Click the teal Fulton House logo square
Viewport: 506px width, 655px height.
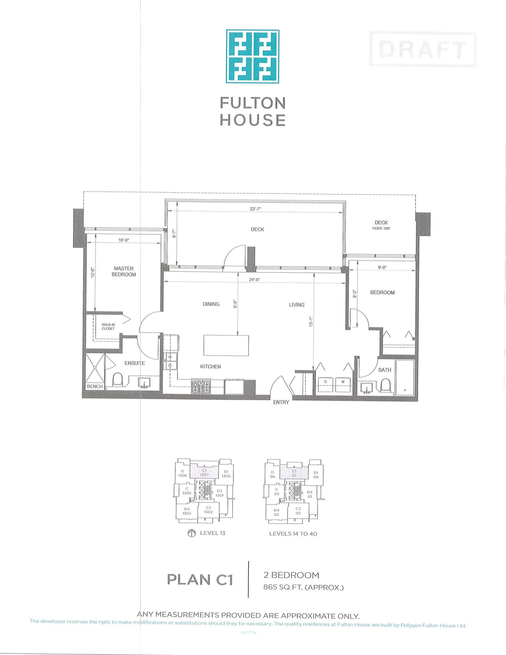252,56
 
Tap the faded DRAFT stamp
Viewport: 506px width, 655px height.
423,49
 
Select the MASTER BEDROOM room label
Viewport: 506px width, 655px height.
124,271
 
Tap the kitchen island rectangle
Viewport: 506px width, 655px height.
226,345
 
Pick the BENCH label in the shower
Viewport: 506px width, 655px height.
94,387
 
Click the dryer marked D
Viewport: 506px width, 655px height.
325,384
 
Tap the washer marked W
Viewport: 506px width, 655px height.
343,384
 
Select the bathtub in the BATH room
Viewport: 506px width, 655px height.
405,377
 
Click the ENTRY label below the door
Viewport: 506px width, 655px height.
281,403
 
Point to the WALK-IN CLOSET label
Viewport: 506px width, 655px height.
108,327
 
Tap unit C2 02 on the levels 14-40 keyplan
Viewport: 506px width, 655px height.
298,511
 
